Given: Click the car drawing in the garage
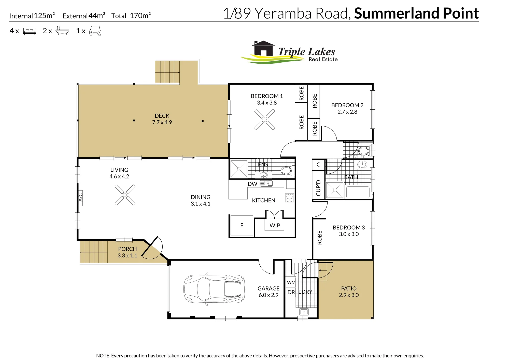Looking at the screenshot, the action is point(214,288).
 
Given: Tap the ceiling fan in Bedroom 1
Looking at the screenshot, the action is point(265,119).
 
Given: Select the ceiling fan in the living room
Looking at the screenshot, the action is point(125,195).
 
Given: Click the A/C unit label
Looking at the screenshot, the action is point(80,197).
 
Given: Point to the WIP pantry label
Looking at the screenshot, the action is point(275,225).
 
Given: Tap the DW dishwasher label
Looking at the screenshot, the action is point(252,184).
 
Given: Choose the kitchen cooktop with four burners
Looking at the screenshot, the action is point(290,198).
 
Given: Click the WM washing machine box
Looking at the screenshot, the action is point(291,282).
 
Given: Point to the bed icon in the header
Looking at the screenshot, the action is point(30,31).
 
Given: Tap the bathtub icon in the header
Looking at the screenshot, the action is point(62,30).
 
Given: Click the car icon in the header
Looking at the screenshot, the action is point(95,31).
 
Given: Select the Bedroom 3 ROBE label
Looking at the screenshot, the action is point(320,238).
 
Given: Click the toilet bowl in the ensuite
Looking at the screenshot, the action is point(287,171).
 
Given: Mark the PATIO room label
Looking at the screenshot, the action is point(349,288).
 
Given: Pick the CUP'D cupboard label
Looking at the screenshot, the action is point(318,188).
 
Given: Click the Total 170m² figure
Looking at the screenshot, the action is point(131,16).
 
